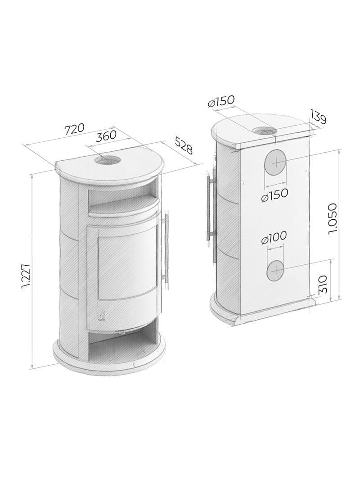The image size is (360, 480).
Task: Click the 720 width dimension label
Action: [x=74, y=128]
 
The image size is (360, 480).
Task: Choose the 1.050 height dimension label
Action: [x=332, y=218]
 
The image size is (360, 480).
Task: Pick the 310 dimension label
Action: [x=323, y=284]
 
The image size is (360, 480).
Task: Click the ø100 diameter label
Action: [x=274, y=237]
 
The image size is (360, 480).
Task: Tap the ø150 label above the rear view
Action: [x=221, y=101]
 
